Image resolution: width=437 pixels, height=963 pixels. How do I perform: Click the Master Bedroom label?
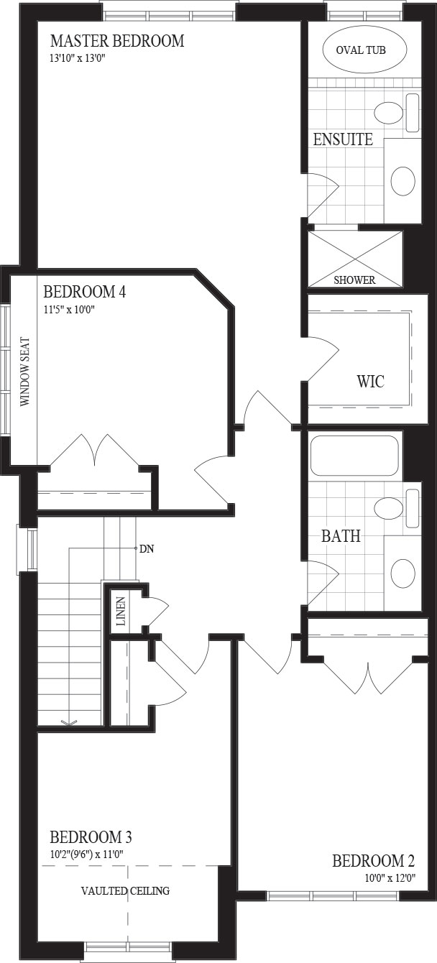(117, 41)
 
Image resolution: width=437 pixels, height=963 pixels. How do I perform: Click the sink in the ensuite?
(403, 181)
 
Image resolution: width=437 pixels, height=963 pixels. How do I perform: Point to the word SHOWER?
(354, 280)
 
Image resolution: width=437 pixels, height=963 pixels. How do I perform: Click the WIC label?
(371, 382)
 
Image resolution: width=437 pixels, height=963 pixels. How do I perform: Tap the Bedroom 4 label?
(85, 292)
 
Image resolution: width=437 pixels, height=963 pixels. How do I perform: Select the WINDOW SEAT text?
(25, 372)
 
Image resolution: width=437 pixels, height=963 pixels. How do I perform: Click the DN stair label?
(147, 549)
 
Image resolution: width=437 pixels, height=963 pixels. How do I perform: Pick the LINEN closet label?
(121, 611)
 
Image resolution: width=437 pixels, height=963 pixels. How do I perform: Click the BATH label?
(341, 536)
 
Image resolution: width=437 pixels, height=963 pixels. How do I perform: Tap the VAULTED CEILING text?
(126, 890)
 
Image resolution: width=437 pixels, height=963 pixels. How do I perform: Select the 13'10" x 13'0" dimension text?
(78, 58)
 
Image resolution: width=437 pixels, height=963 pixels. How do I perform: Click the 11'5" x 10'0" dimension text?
(69, 309)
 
